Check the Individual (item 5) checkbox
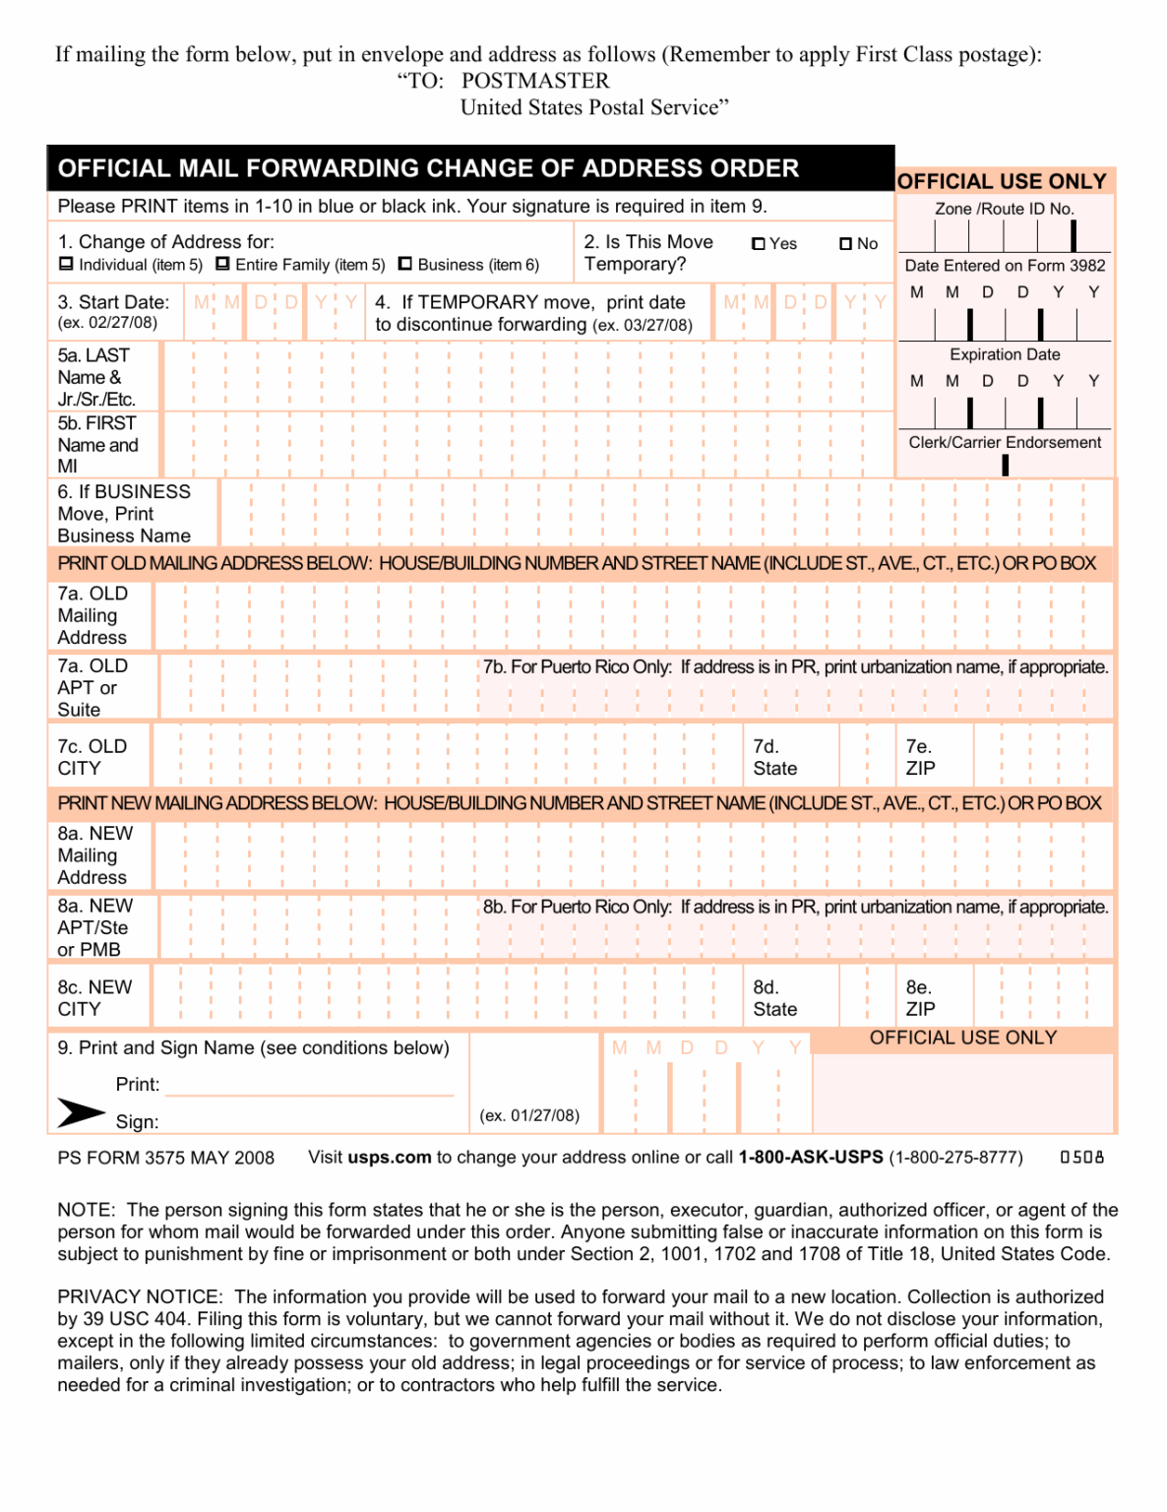point(66,264)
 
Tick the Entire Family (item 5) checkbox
point(222,264)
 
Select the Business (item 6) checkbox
point(404,264)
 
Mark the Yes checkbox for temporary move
point(758,244)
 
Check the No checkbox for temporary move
point(845,244)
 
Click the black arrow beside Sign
point(80,1112)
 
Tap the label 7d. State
point(774,757)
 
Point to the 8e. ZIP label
point(920,997)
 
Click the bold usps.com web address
point(390,1158)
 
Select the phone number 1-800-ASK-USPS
point(811,1158)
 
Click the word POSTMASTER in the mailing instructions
point(535,81)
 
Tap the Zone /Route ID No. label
point(1004,209)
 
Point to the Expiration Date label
point(1005,354)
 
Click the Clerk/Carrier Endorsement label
point(1005,443)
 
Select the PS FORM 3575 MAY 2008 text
point(165,1159)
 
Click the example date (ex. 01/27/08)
point(529,1115)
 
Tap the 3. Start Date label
point(113,302)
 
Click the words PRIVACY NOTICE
point(139,1297)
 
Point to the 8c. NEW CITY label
point(94,997)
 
